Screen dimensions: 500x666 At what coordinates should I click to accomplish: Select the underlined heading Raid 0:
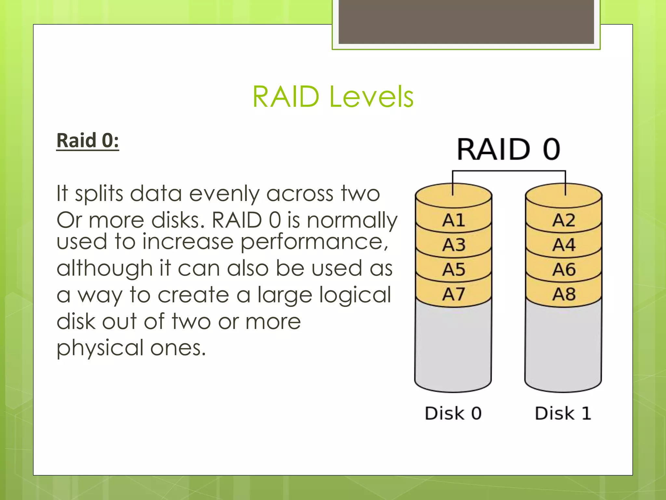(88, 141)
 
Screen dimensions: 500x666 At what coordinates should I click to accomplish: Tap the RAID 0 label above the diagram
(509, 149)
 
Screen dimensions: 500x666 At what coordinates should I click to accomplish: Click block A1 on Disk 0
(453, 220)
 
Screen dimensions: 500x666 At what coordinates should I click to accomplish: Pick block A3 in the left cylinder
(453, 245)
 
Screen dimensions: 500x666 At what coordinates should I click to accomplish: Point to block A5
(453, 270)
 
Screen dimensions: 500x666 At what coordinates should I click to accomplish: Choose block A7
(453, 294)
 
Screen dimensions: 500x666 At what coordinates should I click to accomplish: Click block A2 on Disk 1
(564, 220)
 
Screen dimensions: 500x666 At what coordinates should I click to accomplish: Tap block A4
(564, 245)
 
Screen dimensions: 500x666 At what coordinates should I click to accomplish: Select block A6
(564, 270)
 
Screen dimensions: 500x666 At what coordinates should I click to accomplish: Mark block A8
(564, 294)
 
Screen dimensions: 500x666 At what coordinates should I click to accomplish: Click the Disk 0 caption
(453, 413)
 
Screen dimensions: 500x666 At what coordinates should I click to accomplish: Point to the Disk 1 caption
(563, 413)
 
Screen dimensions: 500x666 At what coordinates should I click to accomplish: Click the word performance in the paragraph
(314, 243)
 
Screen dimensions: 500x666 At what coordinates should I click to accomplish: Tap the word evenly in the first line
(224, 194)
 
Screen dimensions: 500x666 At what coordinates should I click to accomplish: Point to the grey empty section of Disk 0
(453, 345)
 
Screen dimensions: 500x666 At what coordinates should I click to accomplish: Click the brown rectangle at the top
(466, 21)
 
